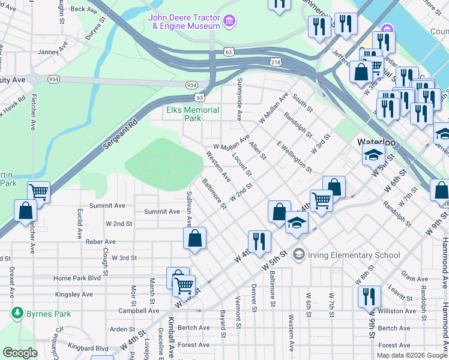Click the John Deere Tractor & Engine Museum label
click(185, 22)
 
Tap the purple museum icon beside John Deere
click(228, 22)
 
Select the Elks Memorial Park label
click(193, 114)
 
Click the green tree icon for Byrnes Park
click(16, 313)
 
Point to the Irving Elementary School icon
click(298, 255)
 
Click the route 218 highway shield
click(276, 62)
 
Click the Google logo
click(20, 353)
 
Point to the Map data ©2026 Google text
click(412, 355)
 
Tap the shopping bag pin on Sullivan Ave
click(195, 238)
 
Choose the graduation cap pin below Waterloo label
click(373, 155)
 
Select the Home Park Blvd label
click(77, 278)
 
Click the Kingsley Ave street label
click(73, 295)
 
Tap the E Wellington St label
click(294, 157)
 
